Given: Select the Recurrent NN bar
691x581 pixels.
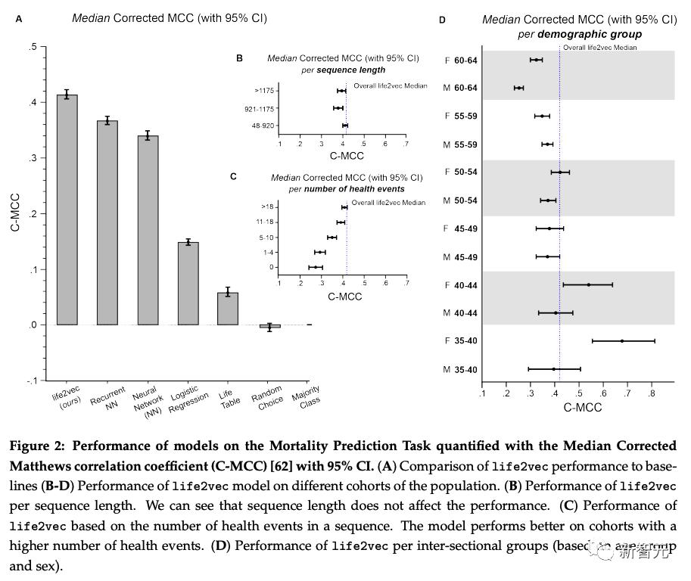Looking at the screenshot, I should (107, 222).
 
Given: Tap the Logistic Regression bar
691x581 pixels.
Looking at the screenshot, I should (188, 284).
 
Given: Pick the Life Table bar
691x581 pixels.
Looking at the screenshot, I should (228, 309).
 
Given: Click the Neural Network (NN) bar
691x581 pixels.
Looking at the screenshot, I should (148, 230).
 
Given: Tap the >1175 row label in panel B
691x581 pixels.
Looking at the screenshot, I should (265, 91).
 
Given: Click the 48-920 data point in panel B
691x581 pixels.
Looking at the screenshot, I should (345, 126).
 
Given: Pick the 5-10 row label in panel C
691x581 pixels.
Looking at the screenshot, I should (267, 237).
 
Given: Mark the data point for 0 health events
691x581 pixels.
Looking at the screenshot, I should (316, 267).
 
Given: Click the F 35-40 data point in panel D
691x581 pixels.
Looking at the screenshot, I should (622, 341).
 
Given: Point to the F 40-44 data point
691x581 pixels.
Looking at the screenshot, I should (588, 284).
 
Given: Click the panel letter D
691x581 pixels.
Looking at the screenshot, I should (442, 20).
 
